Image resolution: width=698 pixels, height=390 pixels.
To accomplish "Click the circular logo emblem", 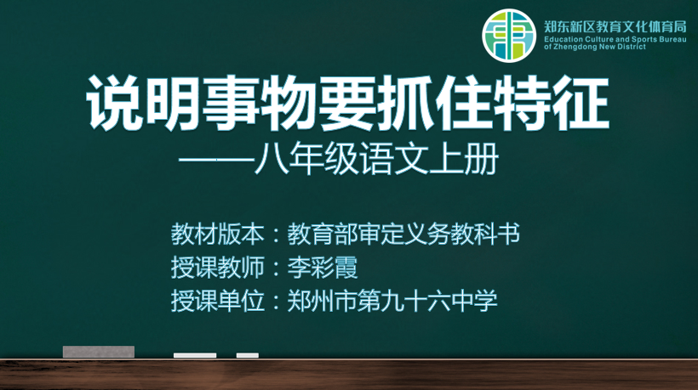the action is point(509,36).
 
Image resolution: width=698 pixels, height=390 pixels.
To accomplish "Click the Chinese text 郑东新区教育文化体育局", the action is point(615,27).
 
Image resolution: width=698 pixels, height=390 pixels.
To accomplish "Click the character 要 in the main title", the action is point(347,103).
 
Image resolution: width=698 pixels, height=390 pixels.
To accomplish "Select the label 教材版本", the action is point(218,235).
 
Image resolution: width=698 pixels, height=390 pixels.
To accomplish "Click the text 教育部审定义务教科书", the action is point(403,235).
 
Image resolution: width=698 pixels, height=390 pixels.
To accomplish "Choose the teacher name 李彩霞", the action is point(323,268).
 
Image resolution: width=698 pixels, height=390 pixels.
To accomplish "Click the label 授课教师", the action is point(218,268).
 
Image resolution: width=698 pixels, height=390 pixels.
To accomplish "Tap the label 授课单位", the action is point(218,301).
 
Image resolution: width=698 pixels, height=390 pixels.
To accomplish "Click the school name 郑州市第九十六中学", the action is point(392,301).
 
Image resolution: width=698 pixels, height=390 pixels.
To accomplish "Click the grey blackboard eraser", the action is point(99,352).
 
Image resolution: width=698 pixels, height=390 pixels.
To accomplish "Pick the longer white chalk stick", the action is point(195,355).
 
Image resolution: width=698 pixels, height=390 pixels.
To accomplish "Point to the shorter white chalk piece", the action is point(248,355).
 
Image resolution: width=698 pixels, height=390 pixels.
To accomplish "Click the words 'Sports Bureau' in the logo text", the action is point(662,40).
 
